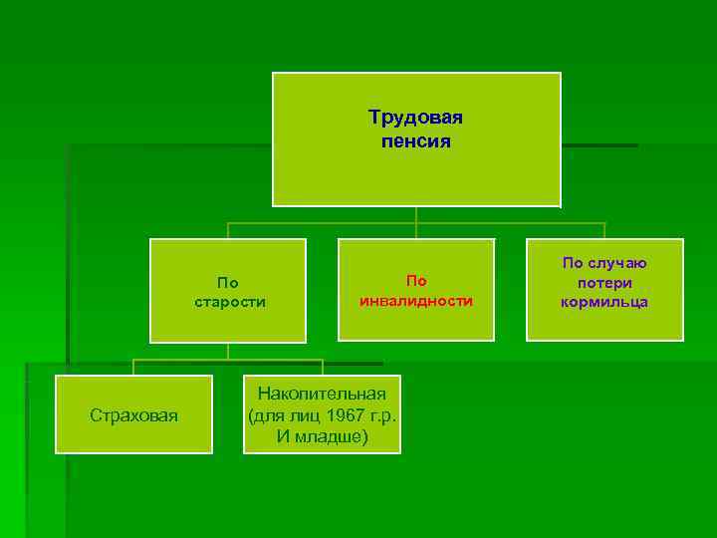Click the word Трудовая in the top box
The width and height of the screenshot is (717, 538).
click(x=415, y=118)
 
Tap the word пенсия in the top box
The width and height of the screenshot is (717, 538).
click(x=415, y=141)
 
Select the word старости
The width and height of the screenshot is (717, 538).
click(x=228, y=302)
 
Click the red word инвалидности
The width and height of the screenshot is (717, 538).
click(x=415, y=301)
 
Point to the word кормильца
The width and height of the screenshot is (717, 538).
click(x=604, y=302)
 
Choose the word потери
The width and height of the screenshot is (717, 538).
click(x=604, y=283)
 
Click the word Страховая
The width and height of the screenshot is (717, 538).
click(x=133, y=415)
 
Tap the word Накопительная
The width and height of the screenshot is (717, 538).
click(x=323, y=395)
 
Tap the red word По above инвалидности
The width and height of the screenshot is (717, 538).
click(x=415, y=281)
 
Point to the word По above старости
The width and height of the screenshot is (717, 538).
click(x=228, y=282)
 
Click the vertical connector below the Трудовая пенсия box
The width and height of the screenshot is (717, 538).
click(x=416, y=215)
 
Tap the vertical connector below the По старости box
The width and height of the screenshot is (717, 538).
click(x=228, y=351)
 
